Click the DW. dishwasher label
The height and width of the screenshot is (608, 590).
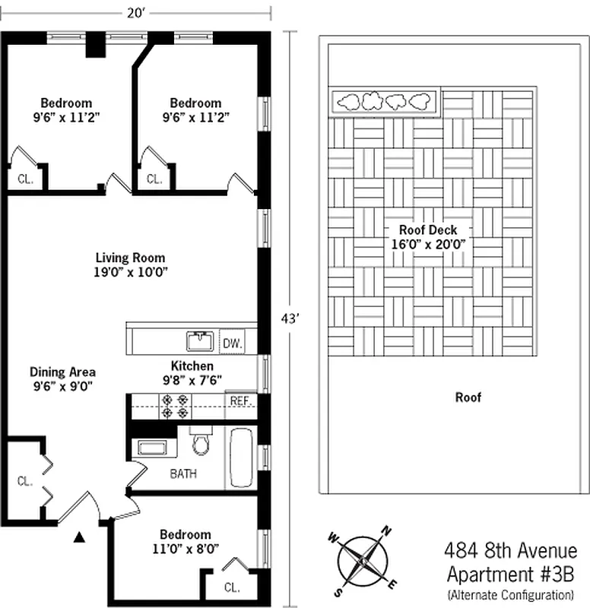(x=232, y=344)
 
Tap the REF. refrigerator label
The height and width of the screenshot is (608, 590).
(x=239, y=401)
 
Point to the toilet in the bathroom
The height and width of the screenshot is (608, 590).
(x=201, y=442)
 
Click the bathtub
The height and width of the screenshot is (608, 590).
(x=241, y=458)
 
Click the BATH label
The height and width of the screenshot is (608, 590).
(x=183, y=473)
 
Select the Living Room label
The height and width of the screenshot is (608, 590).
(x=130, y=258)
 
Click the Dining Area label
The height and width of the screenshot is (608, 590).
(x=62, y=372)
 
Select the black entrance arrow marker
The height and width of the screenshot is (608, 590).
(x=78, y=538)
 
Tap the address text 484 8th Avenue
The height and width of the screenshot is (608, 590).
(x=509, y=549)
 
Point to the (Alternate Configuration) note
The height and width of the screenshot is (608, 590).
(x=510, y=594)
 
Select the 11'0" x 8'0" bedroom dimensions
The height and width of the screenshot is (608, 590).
(x=186, y=547)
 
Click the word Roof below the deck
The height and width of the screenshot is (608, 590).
(x=468, y=397)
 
